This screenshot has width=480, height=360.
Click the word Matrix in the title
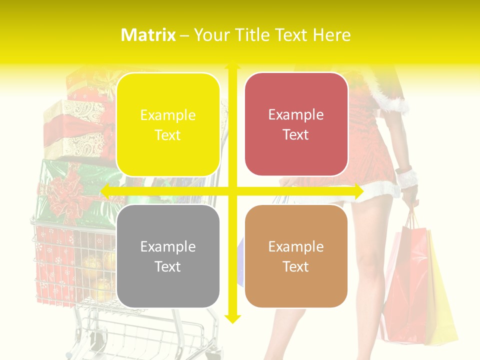pos(148,35)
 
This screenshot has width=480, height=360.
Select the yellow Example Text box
pos(168,124)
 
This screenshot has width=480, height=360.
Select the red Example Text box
pos(296,124)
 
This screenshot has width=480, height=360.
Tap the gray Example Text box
pos(168,256)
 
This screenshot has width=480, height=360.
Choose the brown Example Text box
pos(296,256)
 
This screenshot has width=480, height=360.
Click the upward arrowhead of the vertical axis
pos(232,66)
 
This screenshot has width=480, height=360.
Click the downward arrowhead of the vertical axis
pos(232,318)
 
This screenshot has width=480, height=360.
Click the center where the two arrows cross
pos(232,191)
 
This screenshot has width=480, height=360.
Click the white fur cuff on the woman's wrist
pos(406,177)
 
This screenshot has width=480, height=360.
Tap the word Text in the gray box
pos(168,266)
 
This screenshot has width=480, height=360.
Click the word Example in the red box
pos(296,114)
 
